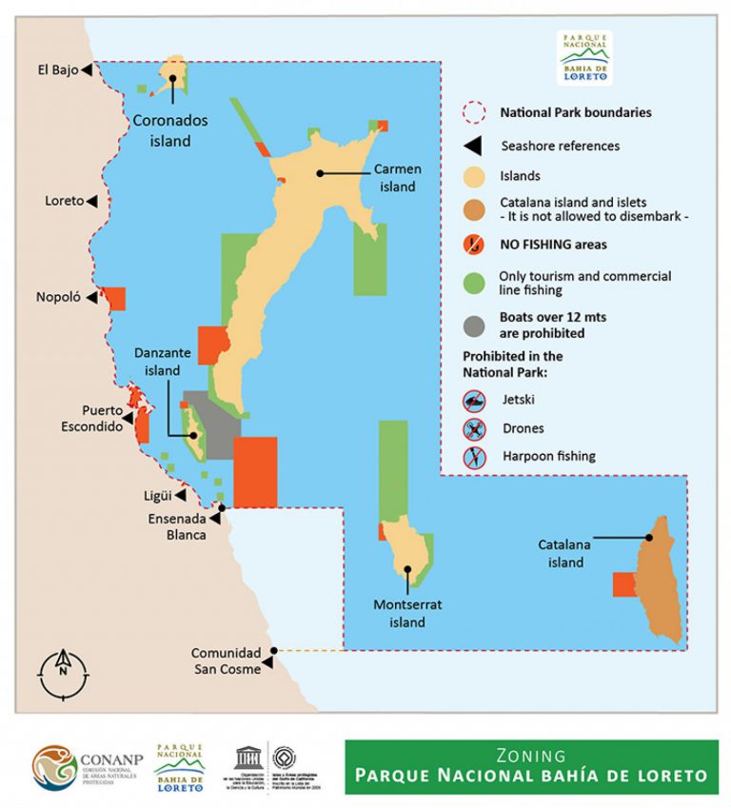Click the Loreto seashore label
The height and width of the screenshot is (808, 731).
[x=64, y=202]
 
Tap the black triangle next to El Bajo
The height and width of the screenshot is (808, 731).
[x=87, y=69]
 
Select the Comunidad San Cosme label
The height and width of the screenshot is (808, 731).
[x=226, y=660]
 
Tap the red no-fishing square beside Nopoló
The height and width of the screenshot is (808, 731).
[x=114, y=298]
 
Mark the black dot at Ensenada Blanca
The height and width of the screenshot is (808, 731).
[x=221, y=508]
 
